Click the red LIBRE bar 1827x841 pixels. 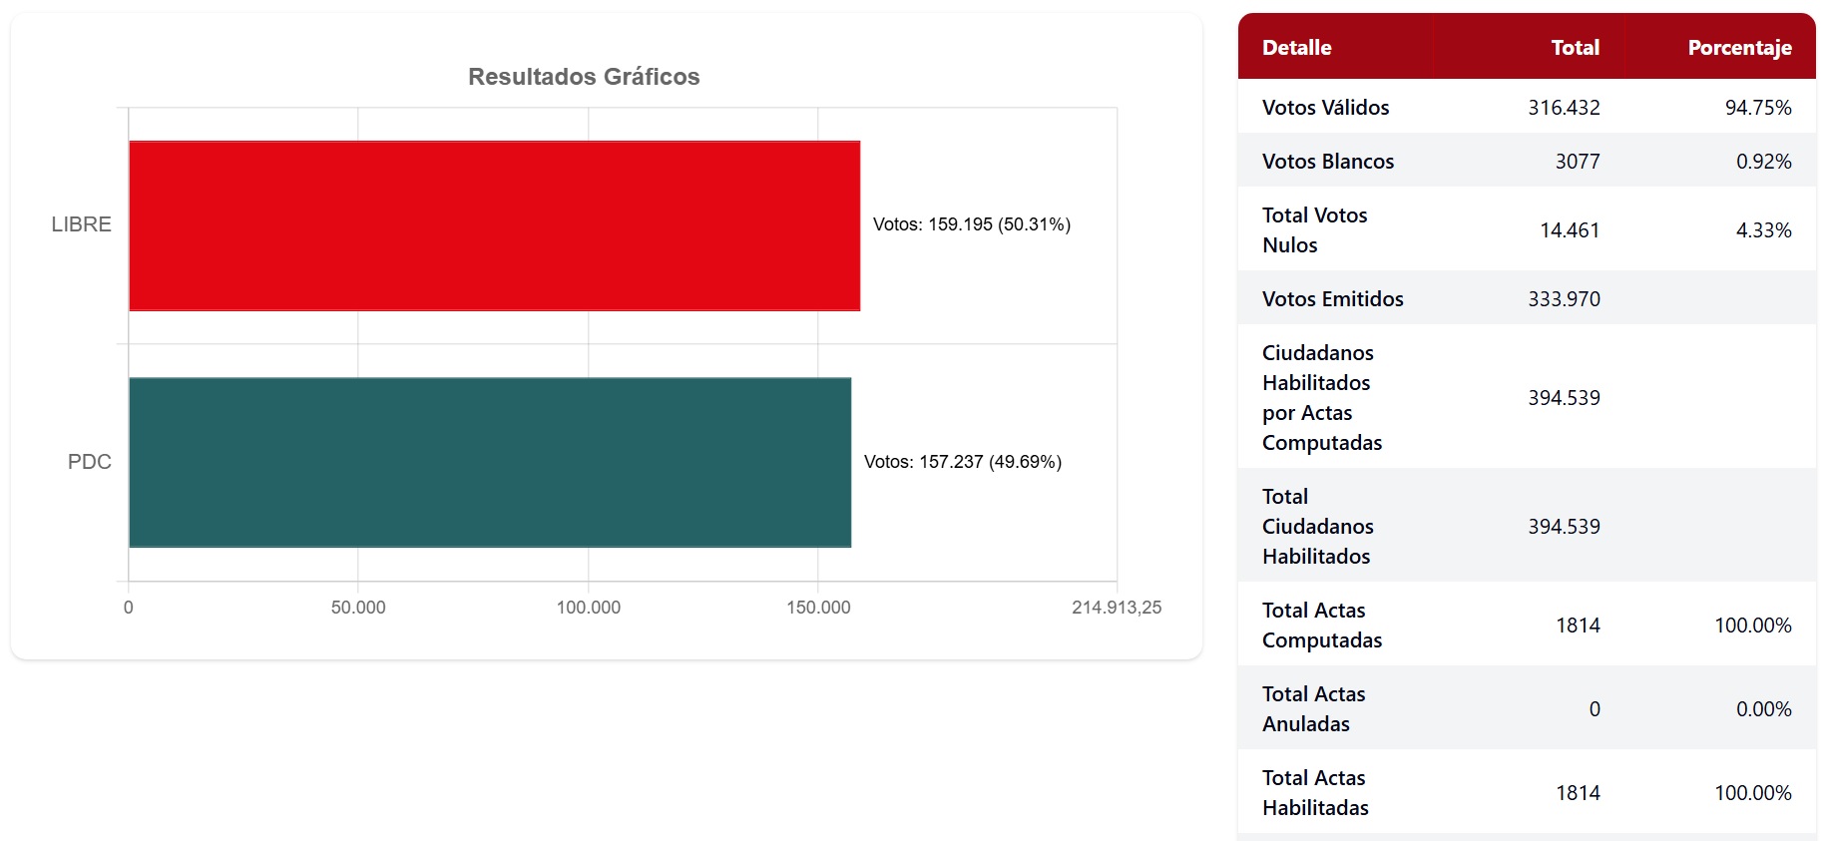tap(494, 225)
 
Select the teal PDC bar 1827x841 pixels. tap(489, 462)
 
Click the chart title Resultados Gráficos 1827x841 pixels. tap(584, 77)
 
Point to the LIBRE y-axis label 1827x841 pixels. tap(81, 224)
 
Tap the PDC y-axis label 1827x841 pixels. tap(89, 462)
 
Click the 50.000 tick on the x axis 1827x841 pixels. tap(358, 608)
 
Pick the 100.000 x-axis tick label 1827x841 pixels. tap(588, 608)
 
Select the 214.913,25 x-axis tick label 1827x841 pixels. tap(1116, 608)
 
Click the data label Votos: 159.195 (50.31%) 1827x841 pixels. tap(971, 224)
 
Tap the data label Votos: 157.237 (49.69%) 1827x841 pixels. tap(962, 462)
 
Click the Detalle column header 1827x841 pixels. tap(1296, 48)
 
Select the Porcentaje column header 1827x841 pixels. tap(1739, 48)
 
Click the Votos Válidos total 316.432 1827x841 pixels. tap(1564, 108)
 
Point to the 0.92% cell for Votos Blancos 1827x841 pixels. tap(1763, 162)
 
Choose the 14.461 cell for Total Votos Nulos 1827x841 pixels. tap(1569, 230)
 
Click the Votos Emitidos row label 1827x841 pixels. tap(1332, 299)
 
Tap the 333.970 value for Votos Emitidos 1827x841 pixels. tap(1564, 299)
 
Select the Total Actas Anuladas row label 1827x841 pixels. tap(1313, 709)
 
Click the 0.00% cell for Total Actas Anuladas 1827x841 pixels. tap(1763, 709)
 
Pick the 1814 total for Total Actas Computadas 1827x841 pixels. tap(1578, 626)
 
